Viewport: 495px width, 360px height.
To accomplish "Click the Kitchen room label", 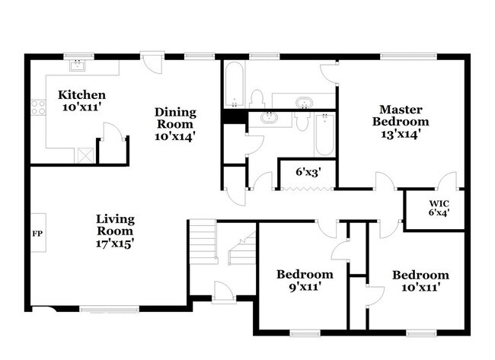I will coord(81,101).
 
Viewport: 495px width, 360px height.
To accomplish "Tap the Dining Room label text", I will coord(175,124).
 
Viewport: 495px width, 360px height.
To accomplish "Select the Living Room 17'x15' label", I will coord(115,231).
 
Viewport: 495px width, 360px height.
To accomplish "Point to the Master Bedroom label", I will coord(400,121).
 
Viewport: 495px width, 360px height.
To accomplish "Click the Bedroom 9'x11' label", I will coord(305,280).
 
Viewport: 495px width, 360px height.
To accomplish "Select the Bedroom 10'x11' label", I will coord(420,281).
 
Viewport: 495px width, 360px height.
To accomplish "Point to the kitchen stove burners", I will coord(35,107).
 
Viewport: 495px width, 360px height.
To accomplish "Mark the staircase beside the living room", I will coord(203,242).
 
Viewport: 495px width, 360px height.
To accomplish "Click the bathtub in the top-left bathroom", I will coord(234,85).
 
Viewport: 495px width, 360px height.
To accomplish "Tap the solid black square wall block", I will coord(231,117).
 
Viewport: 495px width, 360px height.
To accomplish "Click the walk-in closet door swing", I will coord(449,182).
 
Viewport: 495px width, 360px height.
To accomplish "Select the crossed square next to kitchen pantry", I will coord(85,155).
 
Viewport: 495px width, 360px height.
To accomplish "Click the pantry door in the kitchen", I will coord(112,138).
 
